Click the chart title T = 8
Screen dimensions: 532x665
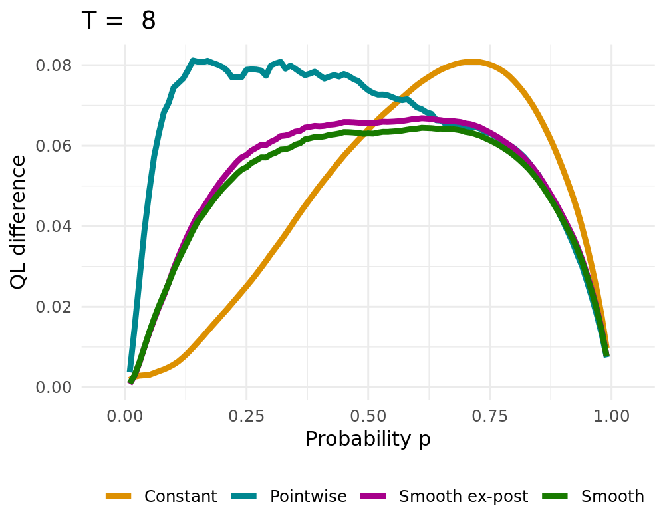coord(118,21)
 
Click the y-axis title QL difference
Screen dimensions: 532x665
coord(19,221)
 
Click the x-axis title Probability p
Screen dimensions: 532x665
coord(368,439)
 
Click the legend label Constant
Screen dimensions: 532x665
coord(180,496)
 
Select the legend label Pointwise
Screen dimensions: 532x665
coord(309,496)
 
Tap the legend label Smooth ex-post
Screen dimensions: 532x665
coord(464,496)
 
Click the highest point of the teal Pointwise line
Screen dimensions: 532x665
coord(192,61)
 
